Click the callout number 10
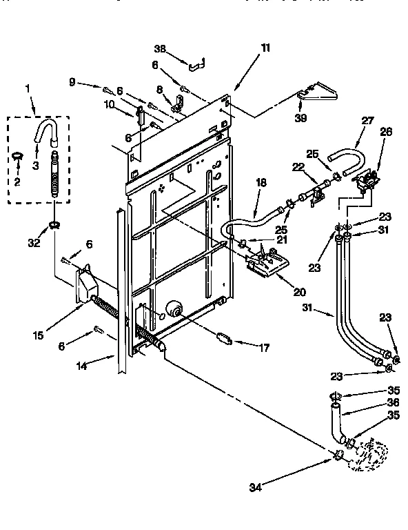tap(109, 104)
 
